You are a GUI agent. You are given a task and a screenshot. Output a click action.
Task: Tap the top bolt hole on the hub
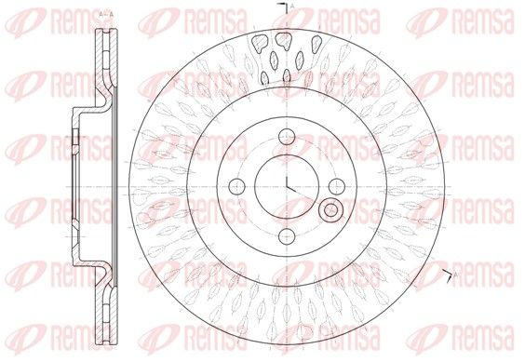tap(287, 137)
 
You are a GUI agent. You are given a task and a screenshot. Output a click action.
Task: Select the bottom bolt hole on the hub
tap(287, 236)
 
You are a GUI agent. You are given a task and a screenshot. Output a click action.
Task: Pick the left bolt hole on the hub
tap(237, 186)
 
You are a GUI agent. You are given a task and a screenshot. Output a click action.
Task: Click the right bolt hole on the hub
tap(337, 186)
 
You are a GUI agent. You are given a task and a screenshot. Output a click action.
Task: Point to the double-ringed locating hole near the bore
tap(331, 210)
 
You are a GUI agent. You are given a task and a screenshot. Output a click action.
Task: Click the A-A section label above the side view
tap(106, 14)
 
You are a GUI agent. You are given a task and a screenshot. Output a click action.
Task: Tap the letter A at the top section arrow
tap(292, 6)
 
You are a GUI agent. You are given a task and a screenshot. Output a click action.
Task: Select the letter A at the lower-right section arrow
tap(455, 275)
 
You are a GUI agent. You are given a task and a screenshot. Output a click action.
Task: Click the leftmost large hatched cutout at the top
tap(260, 43)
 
